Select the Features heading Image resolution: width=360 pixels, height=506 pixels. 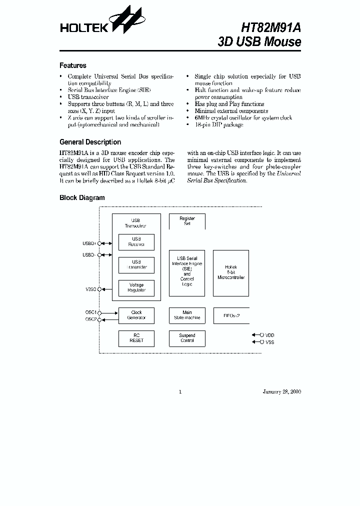pos(73,65)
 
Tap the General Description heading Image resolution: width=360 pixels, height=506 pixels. pos(90,142)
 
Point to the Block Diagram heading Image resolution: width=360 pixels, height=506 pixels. pos(82,197)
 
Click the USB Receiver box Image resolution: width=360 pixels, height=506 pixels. pos(136,242)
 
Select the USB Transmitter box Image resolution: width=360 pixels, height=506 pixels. pos(136,265)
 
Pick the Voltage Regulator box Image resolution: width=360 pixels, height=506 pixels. pos(136,288)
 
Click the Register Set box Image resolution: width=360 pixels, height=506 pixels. pos(187,221)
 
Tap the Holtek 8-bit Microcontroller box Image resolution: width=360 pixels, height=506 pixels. pos(231,273)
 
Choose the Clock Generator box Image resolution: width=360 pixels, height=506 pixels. pos(136,315)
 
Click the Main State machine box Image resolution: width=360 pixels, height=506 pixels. pos(187,315)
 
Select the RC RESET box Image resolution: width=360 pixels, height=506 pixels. pos(136,338)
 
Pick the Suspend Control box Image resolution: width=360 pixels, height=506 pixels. pos(187,338)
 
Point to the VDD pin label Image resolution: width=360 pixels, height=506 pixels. pos(269,335)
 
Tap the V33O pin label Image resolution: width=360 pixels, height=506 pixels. pos(90,289)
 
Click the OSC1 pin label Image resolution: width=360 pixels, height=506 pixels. pos(90,312)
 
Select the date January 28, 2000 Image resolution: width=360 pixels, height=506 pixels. pos(281,391)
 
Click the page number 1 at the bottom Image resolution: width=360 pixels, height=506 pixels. pos(180,391)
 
